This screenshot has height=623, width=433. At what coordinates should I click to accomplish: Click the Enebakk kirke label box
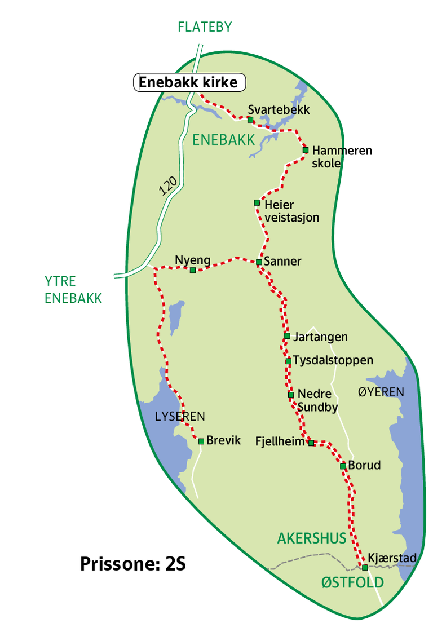[x=189, y=83]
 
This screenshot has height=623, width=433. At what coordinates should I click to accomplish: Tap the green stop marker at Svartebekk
[x=250, y=120]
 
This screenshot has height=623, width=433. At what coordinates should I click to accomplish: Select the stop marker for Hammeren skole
[x=306, y=150]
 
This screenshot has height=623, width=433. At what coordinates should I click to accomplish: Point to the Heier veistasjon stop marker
[x=257, y=202]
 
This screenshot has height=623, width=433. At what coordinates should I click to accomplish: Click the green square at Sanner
[x=259, y=262]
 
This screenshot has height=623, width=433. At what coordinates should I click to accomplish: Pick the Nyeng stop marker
[x=193, y=271]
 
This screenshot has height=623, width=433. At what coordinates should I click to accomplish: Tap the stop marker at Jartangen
[x=287, y=336]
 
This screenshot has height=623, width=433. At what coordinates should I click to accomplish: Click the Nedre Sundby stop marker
[x=291, y=395]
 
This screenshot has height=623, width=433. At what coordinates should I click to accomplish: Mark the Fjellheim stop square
[x=311, y=443]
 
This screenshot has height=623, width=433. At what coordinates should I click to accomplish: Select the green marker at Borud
[x=343, y=466]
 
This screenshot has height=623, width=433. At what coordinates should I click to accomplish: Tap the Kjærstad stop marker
[x=365, y=567]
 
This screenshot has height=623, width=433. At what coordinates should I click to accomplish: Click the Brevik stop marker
[x=201, y=441]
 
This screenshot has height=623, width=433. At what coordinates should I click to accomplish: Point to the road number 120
[x=168, y=187]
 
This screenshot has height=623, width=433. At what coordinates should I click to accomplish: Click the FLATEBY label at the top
[x=205, y=27]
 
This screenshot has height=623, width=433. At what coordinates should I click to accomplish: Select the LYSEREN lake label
[x=180, y=417]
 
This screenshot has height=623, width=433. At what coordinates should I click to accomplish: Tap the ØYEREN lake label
[x=381, y=392]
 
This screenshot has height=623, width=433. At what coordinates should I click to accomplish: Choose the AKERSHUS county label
[x=312, y=538]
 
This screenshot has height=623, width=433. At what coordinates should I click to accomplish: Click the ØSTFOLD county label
[x=353, y=582]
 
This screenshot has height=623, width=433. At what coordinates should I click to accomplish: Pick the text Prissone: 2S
[x=133, y=564]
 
